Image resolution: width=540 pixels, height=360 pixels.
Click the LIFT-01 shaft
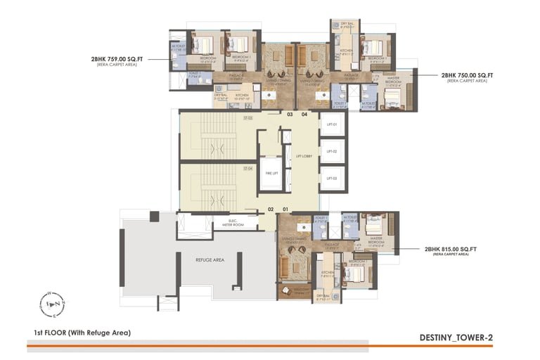point(331,124)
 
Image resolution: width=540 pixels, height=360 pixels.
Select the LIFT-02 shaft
point(331,151)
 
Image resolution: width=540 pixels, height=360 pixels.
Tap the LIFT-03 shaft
point(331,179)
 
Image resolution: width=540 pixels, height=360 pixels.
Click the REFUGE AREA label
point(210,259)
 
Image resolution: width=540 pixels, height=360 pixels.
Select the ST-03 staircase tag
point(248,118)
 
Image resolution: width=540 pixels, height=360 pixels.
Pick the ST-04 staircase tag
point(248,169)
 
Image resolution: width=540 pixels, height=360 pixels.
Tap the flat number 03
point(289,114)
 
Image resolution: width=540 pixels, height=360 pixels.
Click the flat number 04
point(304,114)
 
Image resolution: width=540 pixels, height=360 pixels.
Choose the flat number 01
point(285,209)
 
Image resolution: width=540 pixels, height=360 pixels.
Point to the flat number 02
point(270,209)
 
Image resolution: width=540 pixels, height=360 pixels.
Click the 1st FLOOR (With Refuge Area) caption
point(82,332)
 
